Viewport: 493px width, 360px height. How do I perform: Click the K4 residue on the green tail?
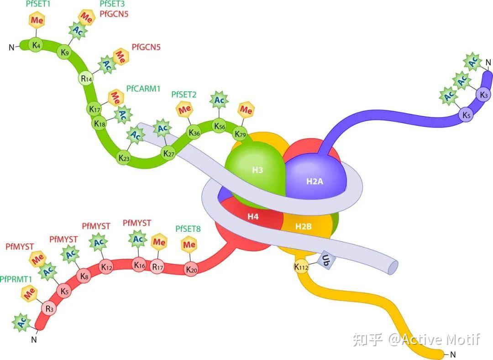click(36, 45)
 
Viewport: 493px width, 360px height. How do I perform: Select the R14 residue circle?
click(86, 78)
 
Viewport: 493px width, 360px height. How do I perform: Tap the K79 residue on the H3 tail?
click(241, 135)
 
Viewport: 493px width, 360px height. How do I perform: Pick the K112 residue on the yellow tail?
click(301, 267)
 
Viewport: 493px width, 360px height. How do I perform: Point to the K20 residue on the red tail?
click(191, 270)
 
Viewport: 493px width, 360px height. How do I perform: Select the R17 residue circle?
click(157, 267)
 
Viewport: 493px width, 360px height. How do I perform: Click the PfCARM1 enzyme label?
click(143, 89)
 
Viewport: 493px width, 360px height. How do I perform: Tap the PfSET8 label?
click(188, 229)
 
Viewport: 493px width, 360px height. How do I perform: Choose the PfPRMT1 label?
click(16, 279)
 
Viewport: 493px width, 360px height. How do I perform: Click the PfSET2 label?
click(184, 94)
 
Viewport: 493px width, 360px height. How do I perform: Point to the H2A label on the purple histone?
click(315, 181)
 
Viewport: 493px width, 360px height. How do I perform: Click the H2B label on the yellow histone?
click(303, 226)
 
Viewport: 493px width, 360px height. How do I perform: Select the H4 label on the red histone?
click(253, 216)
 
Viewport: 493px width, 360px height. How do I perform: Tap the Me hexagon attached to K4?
click(37, 20)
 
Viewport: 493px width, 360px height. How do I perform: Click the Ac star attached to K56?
click(219, 100)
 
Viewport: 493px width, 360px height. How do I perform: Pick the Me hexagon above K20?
click(189, 245)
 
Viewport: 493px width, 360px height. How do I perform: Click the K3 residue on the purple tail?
click(484, 94)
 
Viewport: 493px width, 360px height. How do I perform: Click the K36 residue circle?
click(194, 133)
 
